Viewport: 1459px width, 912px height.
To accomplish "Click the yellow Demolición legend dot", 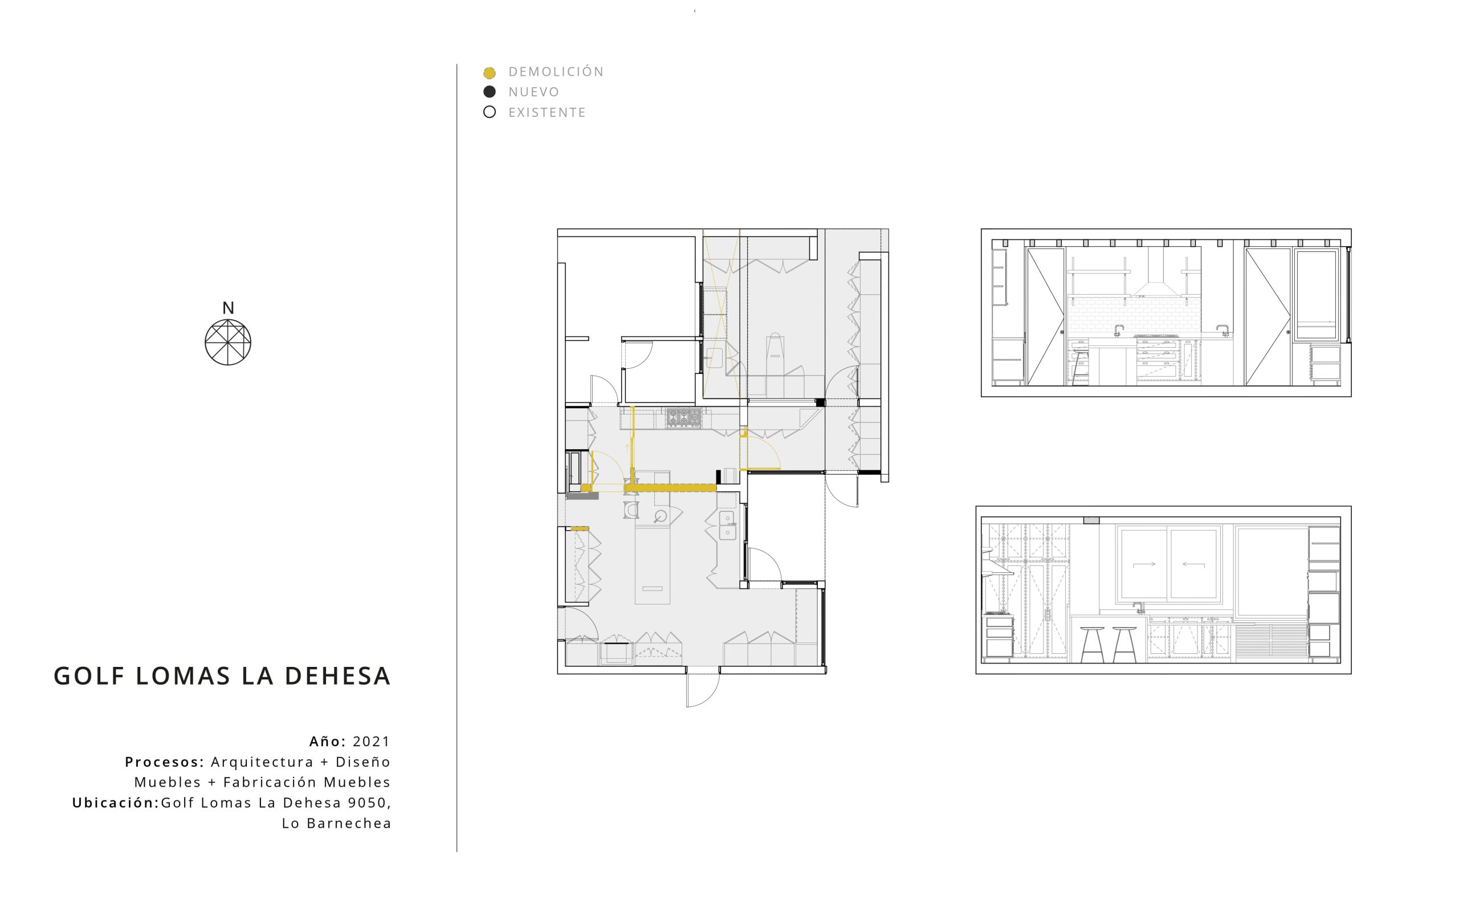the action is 490,73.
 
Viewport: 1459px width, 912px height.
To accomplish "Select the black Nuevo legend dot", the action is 490,92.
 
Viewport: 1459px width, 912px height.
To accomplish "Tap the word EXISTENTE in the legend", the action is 547,112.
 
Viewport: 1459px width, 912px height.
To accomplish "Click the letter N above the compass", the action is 228,308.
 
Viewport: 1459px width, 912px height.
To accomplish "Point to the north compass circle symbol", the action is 228,342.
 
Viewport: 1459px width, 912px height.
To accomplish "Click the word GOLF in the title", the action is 89,676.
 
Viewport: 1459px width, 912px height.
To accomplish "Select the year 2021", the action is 372,742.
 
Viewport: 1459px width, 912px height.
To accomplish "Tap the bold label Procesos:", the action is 165,762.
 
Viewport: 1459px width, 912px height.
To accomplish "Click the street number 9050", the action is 367,803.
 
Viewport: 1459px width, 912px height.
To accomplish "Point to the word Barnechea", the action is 349,823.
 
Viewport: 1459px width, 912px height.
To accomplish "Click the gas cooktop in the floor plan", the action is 684,417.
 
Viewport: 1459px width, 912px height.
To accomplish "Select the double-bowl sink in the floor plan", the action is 727,526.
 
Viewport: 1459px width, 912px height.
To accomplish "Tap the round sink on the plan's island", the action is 661,516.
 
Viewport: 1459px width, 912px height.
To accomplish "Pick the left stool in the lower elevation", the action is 1092,644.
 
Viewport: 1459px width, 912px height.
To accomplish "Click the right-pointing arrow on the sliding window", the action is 1144,564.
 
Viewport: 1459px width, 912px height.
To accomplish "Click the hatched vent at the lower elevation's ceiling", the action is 1091,520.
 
